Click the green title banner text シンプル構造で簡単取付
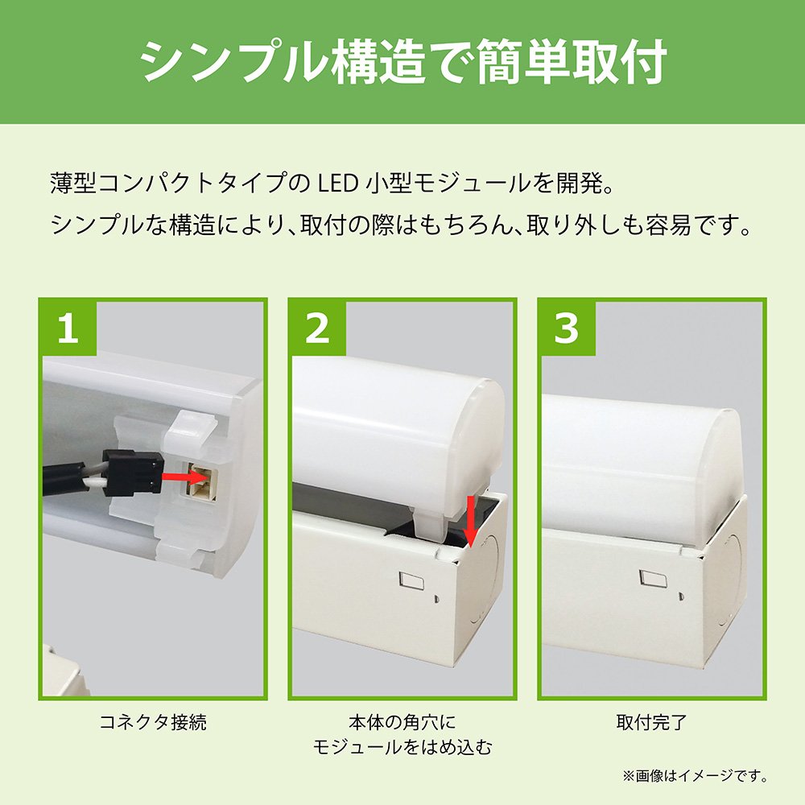[x=402, y=62]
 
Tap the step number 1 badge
[x=68, y=328]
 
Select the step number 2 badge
[x=318, y=328]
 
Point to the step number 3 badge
[x=567, y=328]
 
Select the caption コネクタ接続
[x=152, y=722]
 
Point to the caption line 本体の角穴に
[x=402, y=722]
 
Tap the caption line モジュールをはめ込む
[x=402, y=748]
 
